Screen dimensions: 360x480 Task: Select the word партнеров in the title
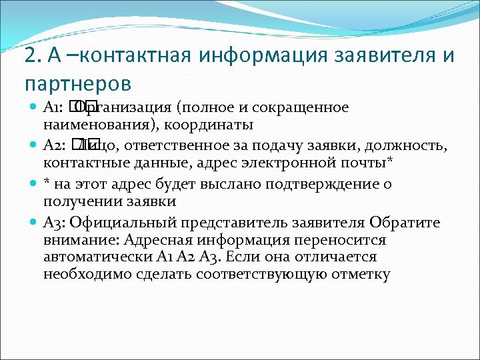click(77, 85)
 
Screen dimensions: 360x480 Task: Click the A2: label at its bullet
click(53, 146)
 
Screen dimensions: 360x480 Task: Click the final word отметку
click(358, 274)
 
